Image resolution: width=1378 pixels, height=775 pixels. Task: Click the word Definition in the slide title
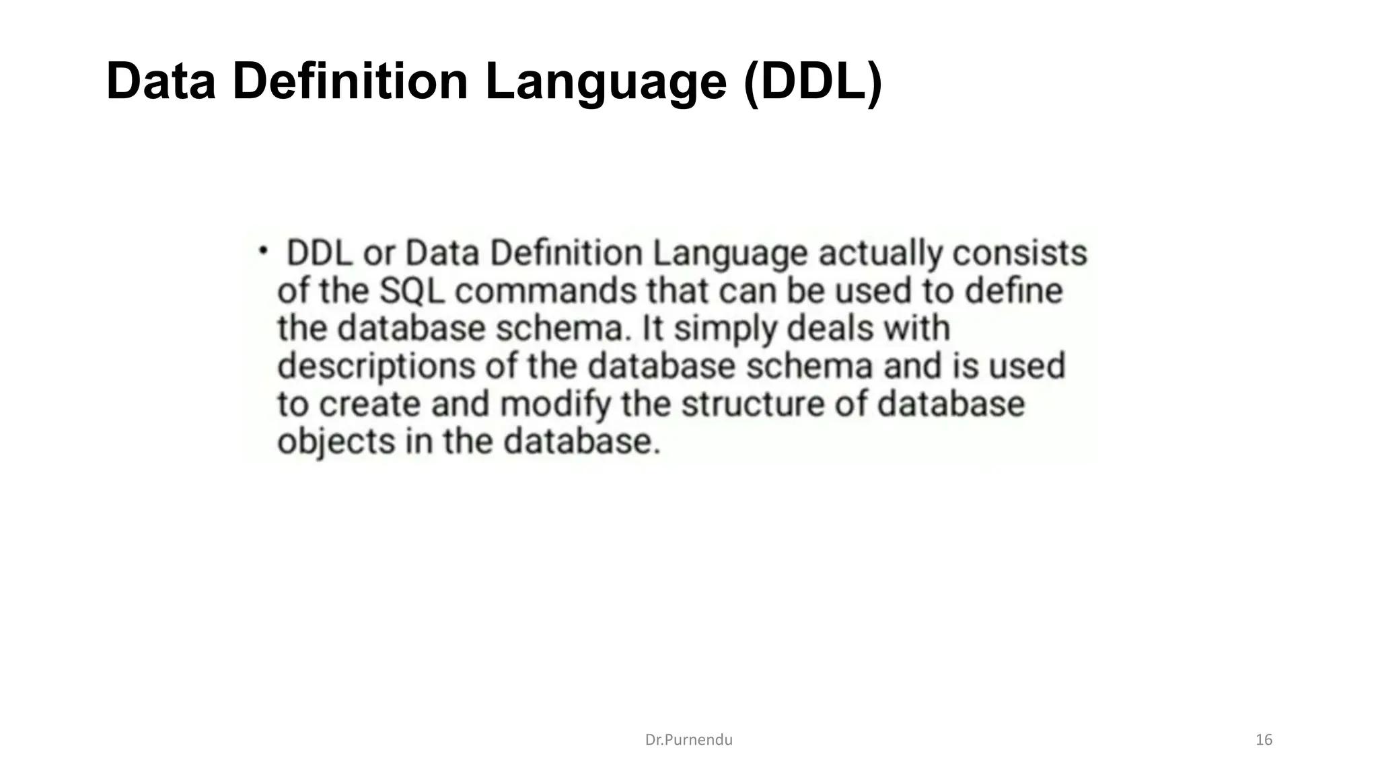coord(350,81)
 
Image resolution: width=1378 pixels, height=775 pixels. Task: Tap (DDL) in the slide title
coord(812,81)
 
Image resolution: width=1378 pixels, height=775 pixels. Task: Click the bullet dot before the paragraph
coord(263,250)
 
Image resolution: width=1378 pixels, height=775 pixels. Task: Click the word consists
coord(1020,254)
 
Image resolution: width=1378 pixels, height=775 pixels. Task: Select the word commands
coord(546,291)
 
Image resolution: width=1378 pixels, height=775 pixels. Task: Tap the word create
coord(369,404)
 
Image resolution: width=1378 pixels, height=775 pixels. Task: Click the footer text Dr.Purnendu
coord(688,740)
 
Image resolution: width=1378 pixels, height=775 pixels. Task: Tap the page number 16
coord(1264,740)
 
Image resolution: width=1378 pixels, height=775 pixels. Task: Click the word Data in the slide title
coord(161,81)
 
